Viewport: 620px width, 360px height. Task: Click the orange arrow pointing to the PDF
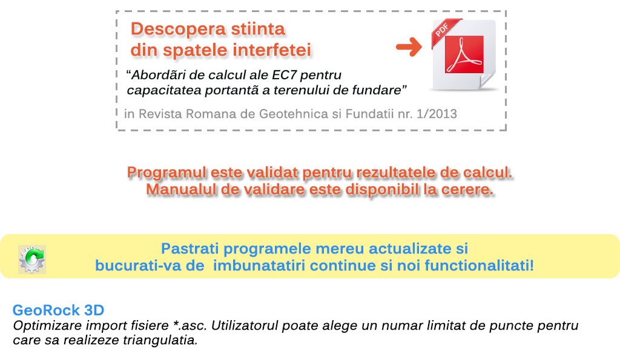coord(409,47)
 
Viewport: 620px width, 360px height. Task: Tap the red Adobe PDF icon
coord(464,54)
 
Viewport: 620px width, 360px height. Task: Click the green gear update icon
coord(32,259)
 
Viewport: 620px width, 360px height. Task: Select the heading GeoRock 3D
coord(59,310)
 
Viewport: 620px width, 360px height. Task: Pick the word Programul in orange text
coord(167,172)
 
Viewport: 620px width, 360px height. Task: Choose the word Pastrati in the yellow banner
coord(190,249)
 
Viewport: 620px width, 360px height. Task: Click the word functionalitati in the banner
coord(480,265)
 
